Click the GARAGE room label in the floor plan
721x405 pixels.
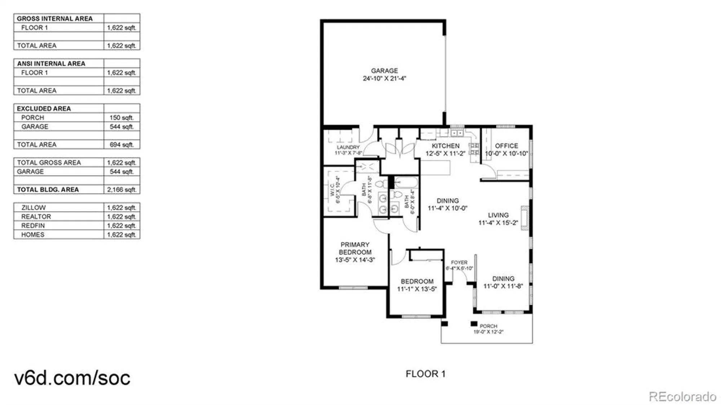pyautogui.click(x=384, y=71)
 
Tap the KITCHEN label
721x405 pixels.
pyautogui.click(x=446, y=146)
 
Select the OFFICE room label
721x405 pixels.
pyautogui.click(x=506, y=146)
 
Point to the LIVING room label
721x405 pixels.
pyautogui.click(x=498, y=215)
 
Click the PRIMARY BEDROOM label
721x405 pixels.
pyautogui.click(x=355, y=248)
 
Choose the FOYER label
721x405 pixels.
pyautogui.click(x=459, y=262)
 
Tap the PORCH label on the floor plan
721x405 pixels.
pyautogui.click(x=488, y=326)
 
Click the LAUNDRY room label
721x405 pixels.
pyautogui.click(x=348, y=147)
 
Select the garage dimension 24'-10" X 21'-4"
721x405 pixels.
pyautogui.click(x=384, y=79)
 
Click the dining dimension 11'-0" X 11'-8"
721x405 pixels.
pyautogui.click(x=503, y=286)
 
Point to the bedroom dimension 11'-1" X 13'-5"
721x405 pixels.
pyautogui.click(x=417, y=289)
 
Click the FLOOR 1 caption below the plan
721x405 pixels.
pyautogui.click(x=425, y=374)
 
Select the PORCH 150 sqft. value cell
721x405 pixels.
pyautogui.click(x=121, y=117)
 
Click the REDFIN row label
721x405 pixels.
pyautogui.click(x=33, y=226)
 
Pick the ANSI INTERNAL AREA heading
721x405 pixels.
pyautogui.click(x=51, y=63)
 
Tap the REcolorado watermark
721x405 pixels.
pyautogui.click(x=682, y=397)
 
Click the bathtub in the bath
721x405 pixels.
pyautogui.click(x=406, y=182)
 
